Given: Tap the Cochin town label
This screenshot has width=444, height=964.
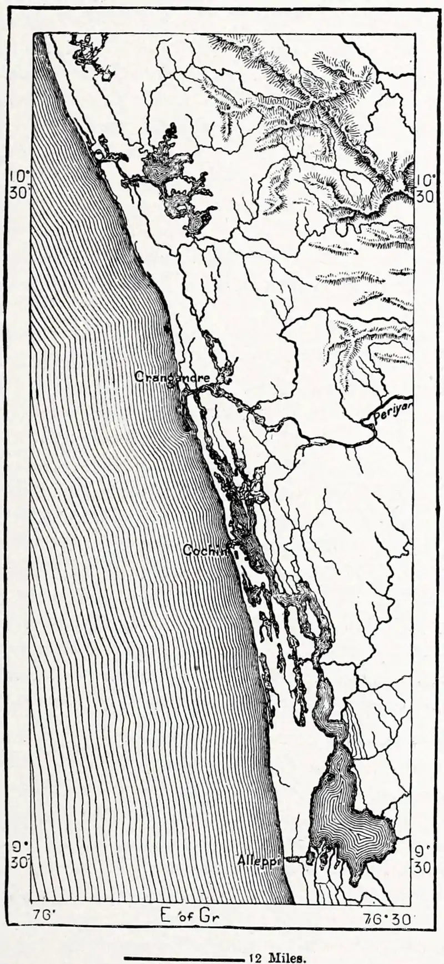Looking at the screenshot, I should point(206,550).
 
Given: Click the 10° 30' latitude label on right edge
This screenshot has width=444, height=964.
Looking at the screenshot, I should point(426,187).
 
